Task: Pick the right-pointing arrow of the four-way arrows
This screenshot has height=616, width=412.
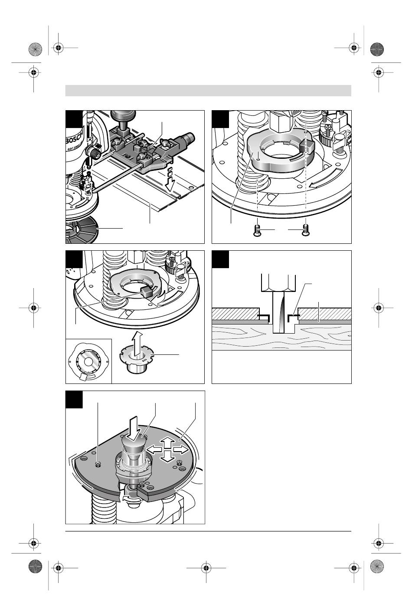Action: click(182, 449)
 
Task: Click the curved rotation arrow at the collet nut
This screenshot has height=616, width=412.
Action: click(129, 495)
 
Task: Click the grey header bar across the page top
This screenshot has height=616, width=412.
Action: click(208, 91)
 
